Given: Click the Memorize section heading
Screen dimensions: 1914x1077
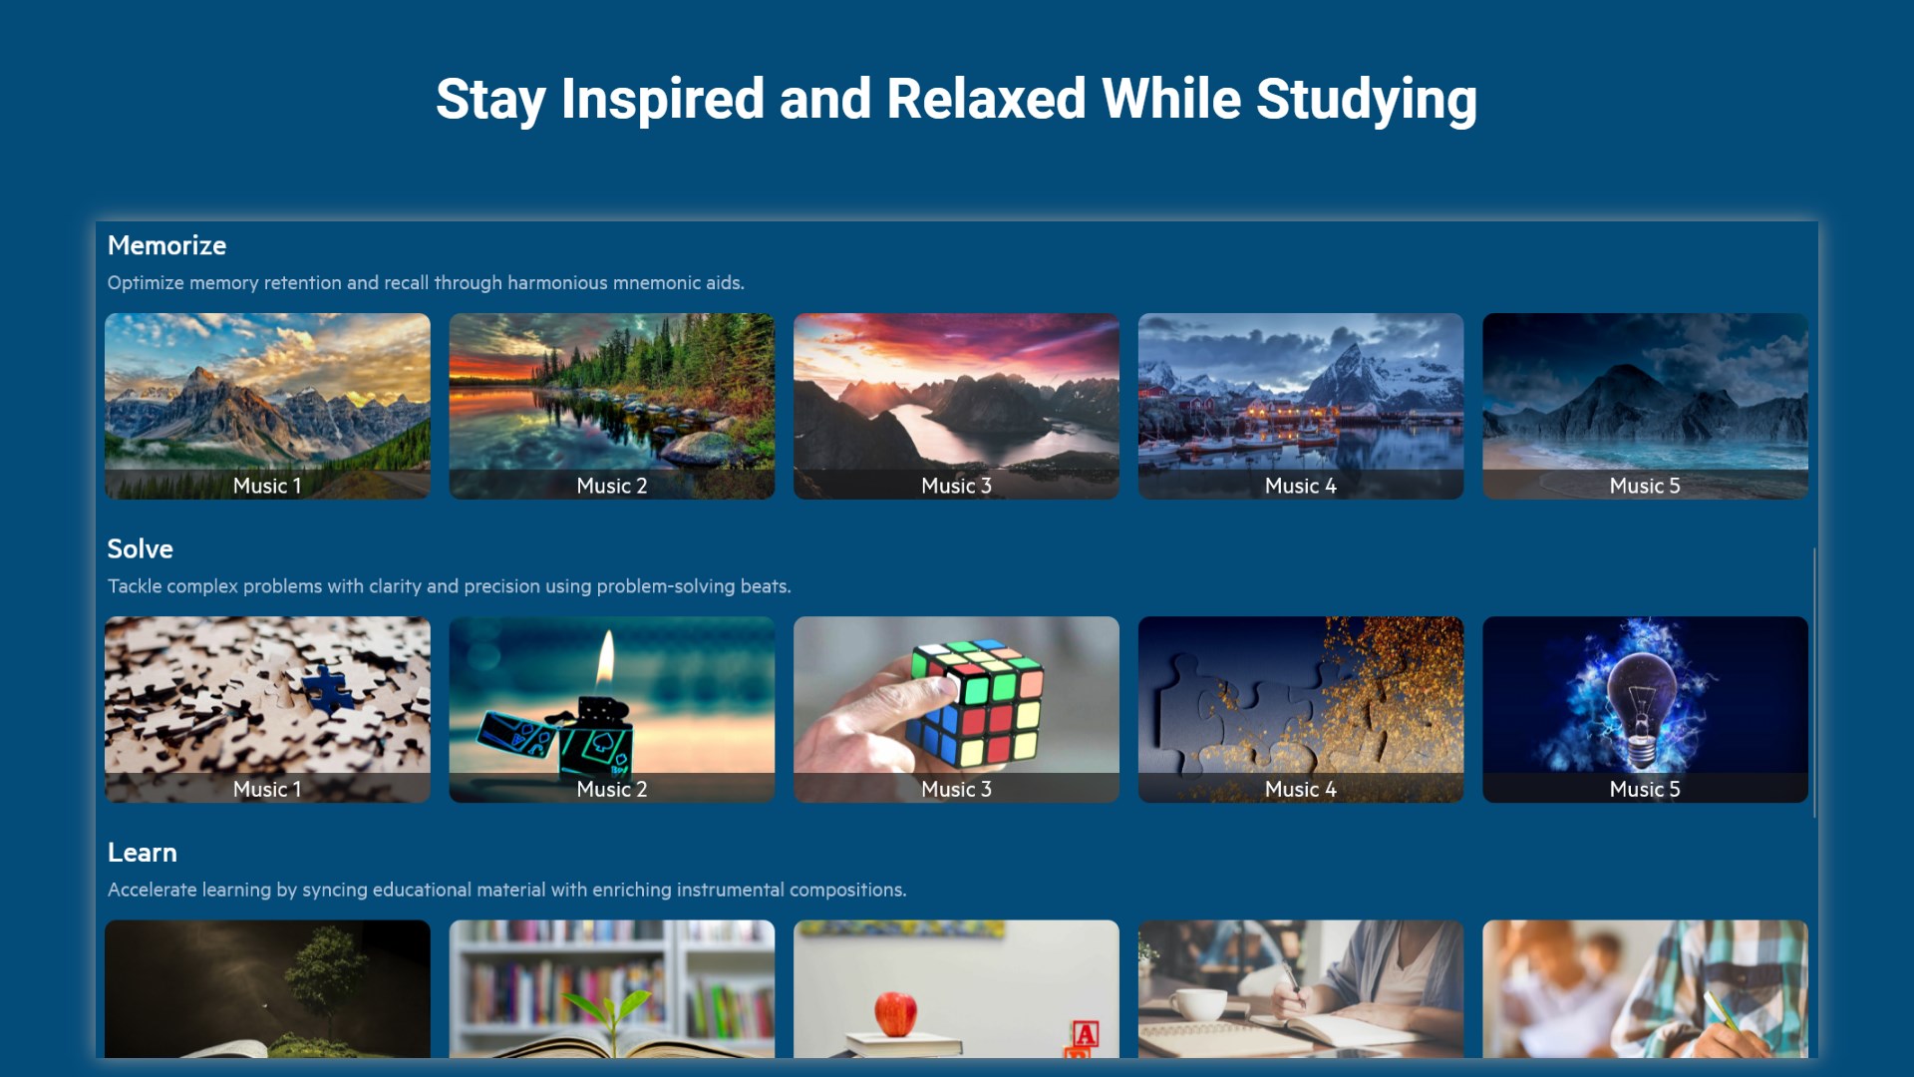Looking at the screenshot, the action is (x=166, y=245).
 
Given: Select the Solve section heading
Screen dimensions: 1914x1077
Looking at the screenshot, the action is (x=140, y=548).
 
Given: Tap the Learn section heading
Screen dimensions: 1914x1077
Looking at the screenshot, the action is (x=142, y=853).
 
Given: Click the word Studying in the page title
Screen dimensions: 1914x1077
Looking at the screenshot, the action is (x=1366, y=101).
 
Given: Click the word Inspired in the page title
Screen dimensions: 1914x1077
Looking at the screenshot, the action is (x=662, y=101).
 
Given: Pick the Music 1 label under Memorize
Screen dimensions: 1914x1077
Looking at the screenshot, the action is (x=267, y=486).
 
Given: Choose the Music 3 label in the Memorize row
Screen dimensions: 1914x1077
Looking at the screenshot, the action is (x=956, y=486).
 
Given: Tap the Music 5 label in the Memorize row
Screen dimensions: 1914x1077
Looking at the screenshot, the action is (x=1645, y=486).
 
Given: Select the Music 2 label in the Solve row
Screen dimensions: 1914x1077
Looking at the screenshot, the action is (x=612, y=789).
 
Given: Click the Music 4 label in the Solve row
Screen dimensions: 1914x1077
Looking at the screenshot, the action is (x=1301, y=789).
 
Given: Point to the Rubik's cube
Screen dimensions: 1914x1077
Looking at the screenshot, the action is (x=977, y=703).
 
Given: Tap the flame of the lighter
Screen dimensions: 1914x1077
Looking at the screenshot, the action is (x=606, y=659).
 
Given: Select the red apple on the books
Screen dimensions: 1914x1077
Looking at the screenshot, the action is (x=895, y=1014).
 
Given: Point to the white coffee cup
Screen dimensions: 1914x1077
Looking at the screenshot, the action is (x=1196, y=1004).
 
